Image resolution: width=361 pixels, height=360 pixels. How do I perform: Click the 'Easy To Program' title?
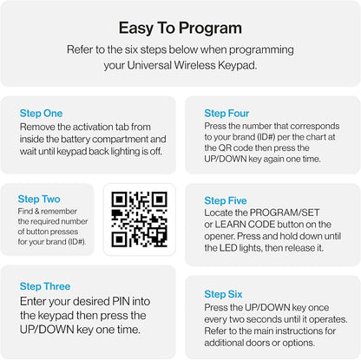180,29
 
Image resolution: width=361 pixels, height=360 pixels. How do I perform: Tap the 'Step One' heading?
41,114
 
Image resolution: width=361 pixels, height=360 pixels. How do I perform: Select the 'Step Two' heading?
39,199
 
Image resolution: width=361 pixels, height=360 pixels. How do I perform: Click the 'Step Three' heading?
45,286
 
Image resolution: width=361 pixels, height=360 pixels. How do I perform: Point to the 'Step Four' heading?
226,114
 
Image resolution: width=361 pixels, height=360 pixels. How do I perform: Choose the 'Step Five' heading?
226,200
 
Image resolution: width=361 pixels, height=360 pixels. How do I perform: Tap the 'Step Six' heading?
223,294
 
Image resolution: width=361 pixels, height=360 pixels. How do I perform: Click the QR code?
140,219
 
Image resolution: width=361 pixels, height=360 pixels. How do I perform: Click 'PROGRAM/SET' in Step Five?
285,213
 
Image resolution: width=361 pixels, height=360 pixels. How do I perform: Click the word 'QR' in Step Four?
225,148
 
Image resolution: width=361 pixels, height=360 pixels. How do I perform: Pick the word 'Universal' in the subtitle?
149,65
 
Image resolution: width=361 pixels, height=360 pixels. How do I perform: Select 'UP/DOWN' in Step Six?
267,307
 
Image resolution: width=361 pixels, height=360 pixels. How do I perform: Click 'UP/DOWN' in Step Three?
47,330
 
